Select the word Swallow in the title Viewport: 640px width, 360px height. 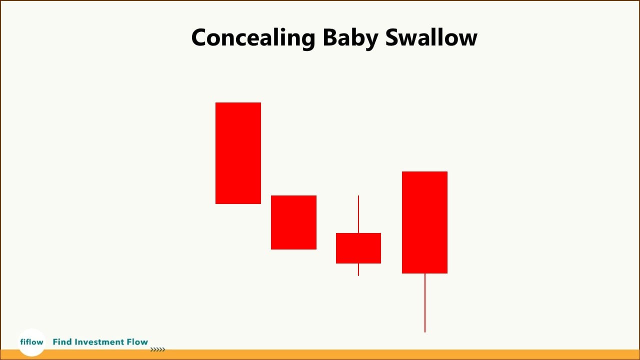pyautogui.click(x=431, y=38)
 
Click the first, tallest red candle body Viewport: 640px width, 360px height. pyautogui.click(x=238, y=153)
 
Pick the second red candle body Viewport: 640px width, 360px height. pyautogui.click(x=293, y=222)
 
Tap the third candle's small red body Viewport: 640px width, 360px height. pyautogui.click(x=358, y=248)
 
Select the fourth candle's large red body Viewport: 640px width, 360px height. pyautogui.click(x=424, y=222)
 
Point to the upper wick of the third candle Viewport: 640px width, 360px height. pyautogui.click(x=358, y=214)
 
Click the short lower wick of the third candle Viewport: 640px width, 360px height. pyautogui.click(x=358, y=269)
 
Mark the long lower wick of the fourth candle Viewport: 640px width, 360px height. pyautogui.click(x=425, y=302)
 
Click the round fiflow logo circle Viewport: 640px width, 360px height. pyautogui.click(x=31, y=342)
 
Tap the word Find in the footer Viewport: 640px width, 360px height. pyautogui.click(x=62, y=342)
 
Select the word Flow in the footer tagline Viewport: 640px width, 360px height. pyautogui.click(x=137, y=342)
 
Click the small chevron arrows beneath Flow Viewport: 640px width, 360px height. pyautogui.click(x=157, y=350)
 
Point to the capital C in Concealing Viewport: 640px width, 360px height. pyautogui.click(x=199, y=38)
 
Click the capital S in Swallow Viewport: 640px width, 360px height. pyautogui.click(x=393, y=38)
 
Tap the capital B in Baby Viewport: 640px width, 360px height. pyautogui.click(x=330, y=38)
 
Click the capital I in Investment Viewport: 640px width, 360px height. pyautogui.click(x=76, y=342)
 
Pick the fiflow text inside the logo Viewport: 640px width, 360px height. pyautogui.click(x=31, y=342)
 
